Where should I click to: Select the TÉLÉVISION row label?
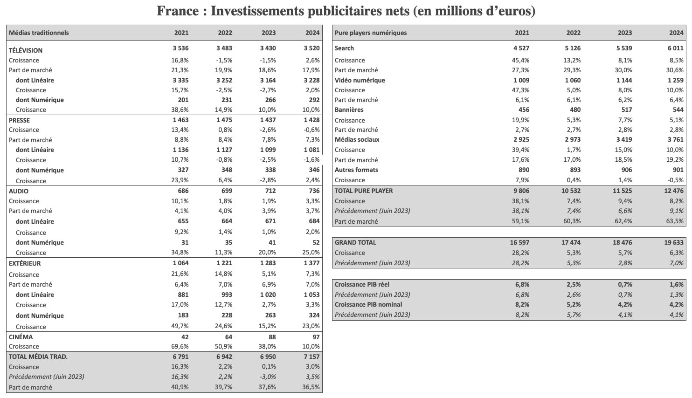tap(26, 50)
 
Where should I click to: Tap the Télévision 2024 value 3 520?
tap(311, 48)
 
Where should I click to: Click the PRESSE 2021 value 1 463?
tap(180, 120)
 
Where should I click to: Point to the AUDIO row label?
tap(19, 191)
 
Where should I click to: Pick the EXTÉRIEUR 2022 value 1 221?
tap(224, 263)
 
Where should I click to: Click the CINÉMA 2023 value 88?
tap(272, 336)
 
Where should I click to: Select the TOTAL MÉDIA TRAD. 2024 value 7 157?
tap(311, 357)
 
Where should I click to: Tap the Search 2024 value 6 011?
tap(675, 48)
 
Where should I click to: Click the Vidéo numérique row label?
tap(360, 80)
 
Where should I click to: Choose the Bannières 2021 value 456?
tap(524, 110)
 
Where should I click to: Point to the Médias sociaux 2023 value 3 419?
tap(623, 139)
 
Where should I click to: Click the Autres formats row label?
tap(356, 170)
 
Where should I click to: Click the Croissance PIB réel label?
tap(362, 284)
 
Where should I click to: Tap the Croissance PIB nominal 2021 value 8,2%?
tap(522, 304)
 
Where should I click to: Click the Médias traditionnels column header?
tap(39, 33)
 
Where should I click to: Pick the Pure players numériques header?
tap(371, 33)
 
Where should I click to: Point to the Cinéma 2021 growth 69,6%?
tap(180, 346)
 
